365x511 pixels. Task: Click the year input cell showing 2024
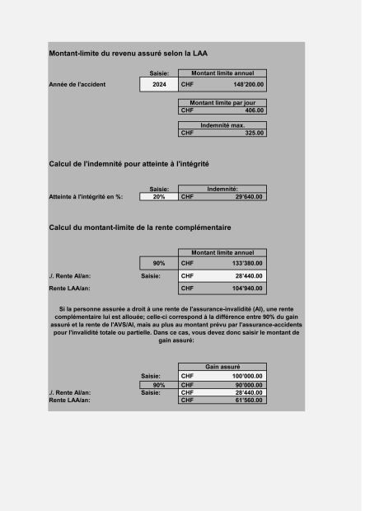[159, 84]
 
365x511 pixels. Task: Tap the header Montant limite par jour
[222, 102]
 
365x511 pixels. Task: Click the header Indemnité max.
[222, 124]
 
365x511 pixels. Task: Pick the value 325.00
[255, 132]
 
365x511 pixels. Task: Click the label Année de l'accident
[77, 84]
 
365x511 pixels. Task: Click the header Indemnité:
[222, 190]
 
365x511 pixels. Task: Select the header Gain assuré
[222, 366]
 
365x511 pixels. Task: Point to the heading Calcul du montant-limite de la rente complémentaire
[140, 227]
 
